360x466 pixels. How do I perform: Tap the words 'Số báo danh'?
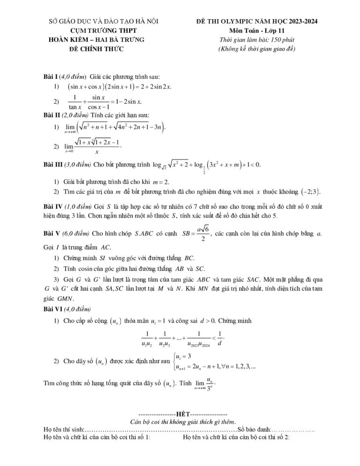254,429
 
